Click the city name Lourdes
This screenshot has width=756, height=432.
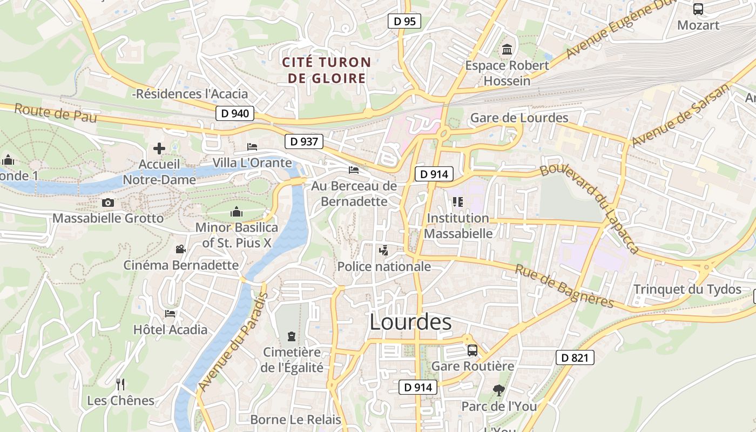click(410, 322)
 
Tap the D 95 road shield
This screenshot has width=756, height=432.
click(404, 22)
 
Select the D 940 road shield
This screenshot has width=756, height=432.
click(235, 113)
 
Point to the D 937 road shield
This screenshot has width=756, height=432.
click(304, 141)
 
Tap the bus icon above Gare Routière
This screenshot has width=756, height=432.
click(473, 350)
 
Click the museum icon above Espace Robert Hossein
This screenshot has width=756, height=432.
click(507, 50)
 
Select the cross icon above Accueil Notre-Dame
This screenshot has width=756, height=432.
click(159, 148)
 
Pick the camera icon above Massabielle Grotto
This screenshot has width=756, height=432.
click(108, 203)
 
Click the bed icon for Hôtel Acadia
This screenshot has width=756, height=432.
click(170, 314)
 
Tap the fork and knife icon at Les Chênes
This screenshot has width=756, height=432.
click(120, 384)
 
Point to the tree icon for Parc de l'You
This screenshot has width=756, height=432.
click(498, 389)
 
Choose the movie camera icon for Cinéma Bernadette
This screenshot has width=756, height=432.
click(180, 249)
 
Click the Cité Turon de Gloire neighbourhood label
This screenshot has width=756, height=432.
click(327, 70)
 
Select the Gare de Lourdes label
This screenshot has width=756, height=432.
click(519, 118)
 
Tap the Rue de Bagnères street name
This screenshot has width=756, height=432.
click(564, 286)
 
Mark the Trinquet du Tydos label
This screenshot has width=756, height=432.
click(687, 289)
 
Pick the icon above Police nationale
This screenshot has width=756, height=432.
click(383, 250)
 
